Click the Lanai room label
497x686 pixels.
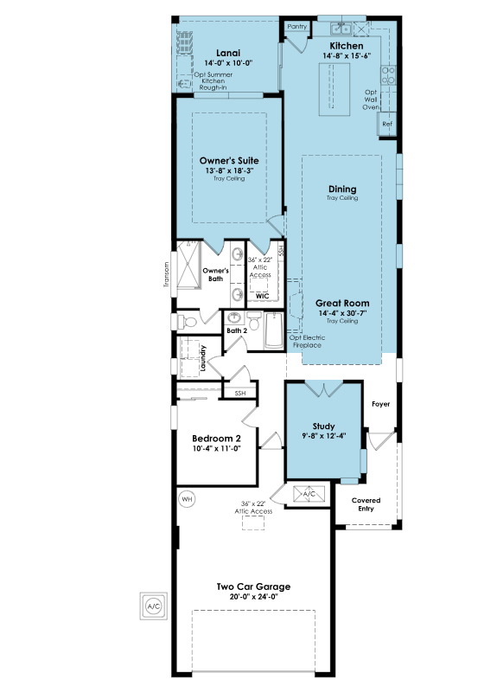pyautogui.click(x=228, y=53)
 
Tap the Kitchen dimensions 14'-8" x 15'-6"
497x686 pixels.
pyautogui.click(x=347, y=55)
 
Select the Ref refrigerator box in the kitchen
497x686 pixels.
pyautogui.click(x=387, y=125)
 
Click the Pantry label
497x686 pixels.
pyautogui.click(x=297, y=26)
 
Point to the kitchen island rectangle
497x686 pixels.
pyautogui.click(x=334, y=89)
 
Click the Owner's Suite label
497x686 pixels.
pyautogui.click(x=229, y=161)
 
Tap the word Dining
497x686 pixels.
pyautogui.click(x=342, y=189)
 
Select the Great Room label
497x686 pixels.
pyautogui.click(x=342, y=303)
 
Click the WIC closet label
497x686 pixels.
pyautogui.click(x=262, y=296)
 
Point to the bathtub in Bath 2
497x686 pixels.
pyautogui.click(x=274, y=330)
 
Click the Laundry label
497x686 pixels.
pyautogui.click(x=203, y=358)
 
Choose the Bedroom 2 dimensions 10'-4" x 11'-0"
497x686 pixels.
pyautogui.click(x=216, y=448)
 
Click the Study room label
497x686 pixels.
pyautogui.click(x=324, y=426)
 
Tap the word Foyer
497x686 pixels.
pyautogui.click(x=380, y=404)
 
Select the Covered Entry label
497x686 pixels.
pyautogui.click(x=366, y=504)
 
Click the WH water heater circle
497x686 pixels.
pyautogui.click(x=187, y=499)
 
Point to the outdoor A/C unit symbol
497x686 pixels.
pyautogui.click(x=154, y=606)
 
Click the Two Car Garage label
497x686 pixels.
pyautogui.click(x=253, y=587)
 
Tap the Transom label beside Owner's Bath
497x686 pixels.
pyautogui.click(x=166, y=274)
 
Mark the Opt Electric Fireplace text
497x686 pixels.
pyautogui.click(x=308, y=341)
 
